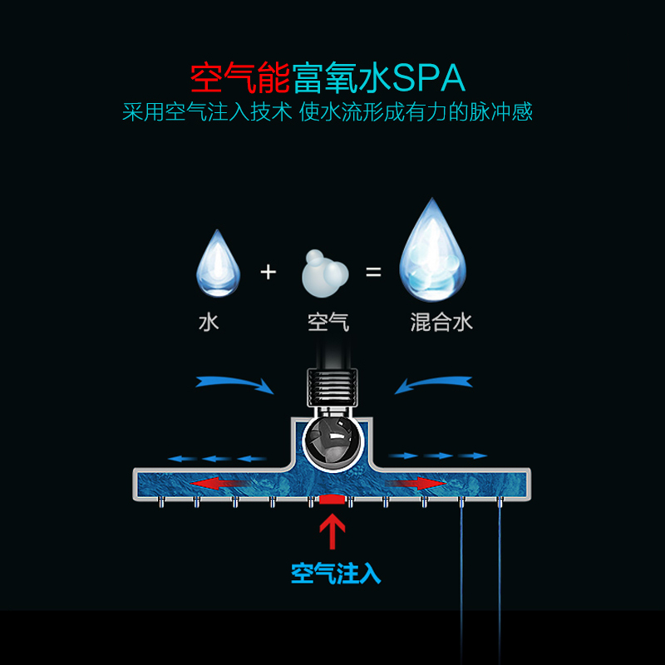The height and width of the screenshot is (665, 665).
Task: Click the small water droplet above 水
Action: [218, 264]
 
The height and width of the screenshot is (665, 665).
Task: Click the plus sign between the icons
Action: [268, 271]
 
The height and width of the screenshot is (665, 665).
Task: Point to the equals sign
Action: [373, 271]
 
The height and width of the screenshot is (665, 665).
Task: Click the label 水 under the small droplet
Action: [209, 322]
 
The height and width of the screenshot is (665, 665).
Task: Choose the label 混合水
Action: [441, 322]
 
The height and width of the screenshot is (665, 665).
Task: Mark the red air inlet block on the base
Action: [332, 500]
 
